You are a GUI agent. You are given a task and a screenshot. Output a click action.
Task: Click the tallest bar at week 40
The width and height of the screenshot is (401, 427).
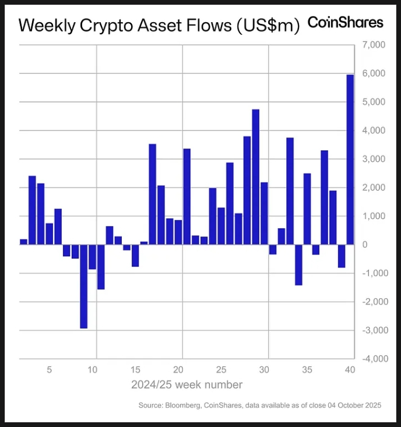[x=350, y=159]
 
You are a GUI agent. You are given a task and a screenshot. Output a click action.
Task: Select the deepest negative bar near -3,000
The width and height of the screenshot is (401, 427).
[x=83, y=286]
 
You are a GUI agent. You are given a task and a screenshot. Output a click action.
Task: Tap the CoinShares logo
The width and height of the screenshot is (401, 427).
[x=345, y=22]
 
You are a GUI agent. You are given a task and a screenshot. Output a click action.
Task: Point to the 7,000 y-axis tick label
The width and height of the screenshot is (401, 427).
[x=373, y=45]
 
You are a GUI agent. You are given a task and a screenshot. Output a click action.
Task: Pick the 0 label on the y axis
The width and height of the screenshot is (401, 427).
[x=365, y=245]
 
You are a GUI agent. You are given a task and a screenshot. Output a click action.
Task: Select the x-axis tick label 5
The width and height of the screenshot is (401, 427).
[x=50, y=369]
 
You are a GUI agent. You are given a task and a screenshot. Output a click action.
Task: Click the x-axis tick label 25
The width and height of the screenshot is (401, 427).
[x=221, y=369]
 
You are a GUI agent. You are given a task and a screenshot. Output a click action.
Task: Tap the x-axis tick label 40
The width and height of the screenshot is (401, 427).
[x=350, y=369]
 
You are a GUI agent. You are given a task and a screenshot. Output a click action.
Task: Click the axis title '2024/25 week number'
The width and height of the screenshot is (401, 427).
[x=187, y=384]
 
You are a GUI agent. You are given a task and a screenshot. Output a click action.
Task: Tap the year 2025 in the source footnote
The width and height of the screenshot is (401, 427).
[x=371, y=405]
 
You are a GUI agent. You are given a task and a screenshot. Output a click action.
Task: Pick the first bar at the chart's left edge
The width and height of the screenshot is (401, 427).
[x=23, y=242]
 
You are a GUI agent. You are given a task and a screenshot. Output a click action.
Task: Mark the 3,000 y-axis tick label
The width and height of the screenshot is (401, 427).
[x=373, y=159]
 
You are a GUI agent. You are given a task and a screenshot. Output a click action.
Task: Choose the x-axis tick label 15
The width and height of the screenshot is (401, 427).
[x=135, y=369]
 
